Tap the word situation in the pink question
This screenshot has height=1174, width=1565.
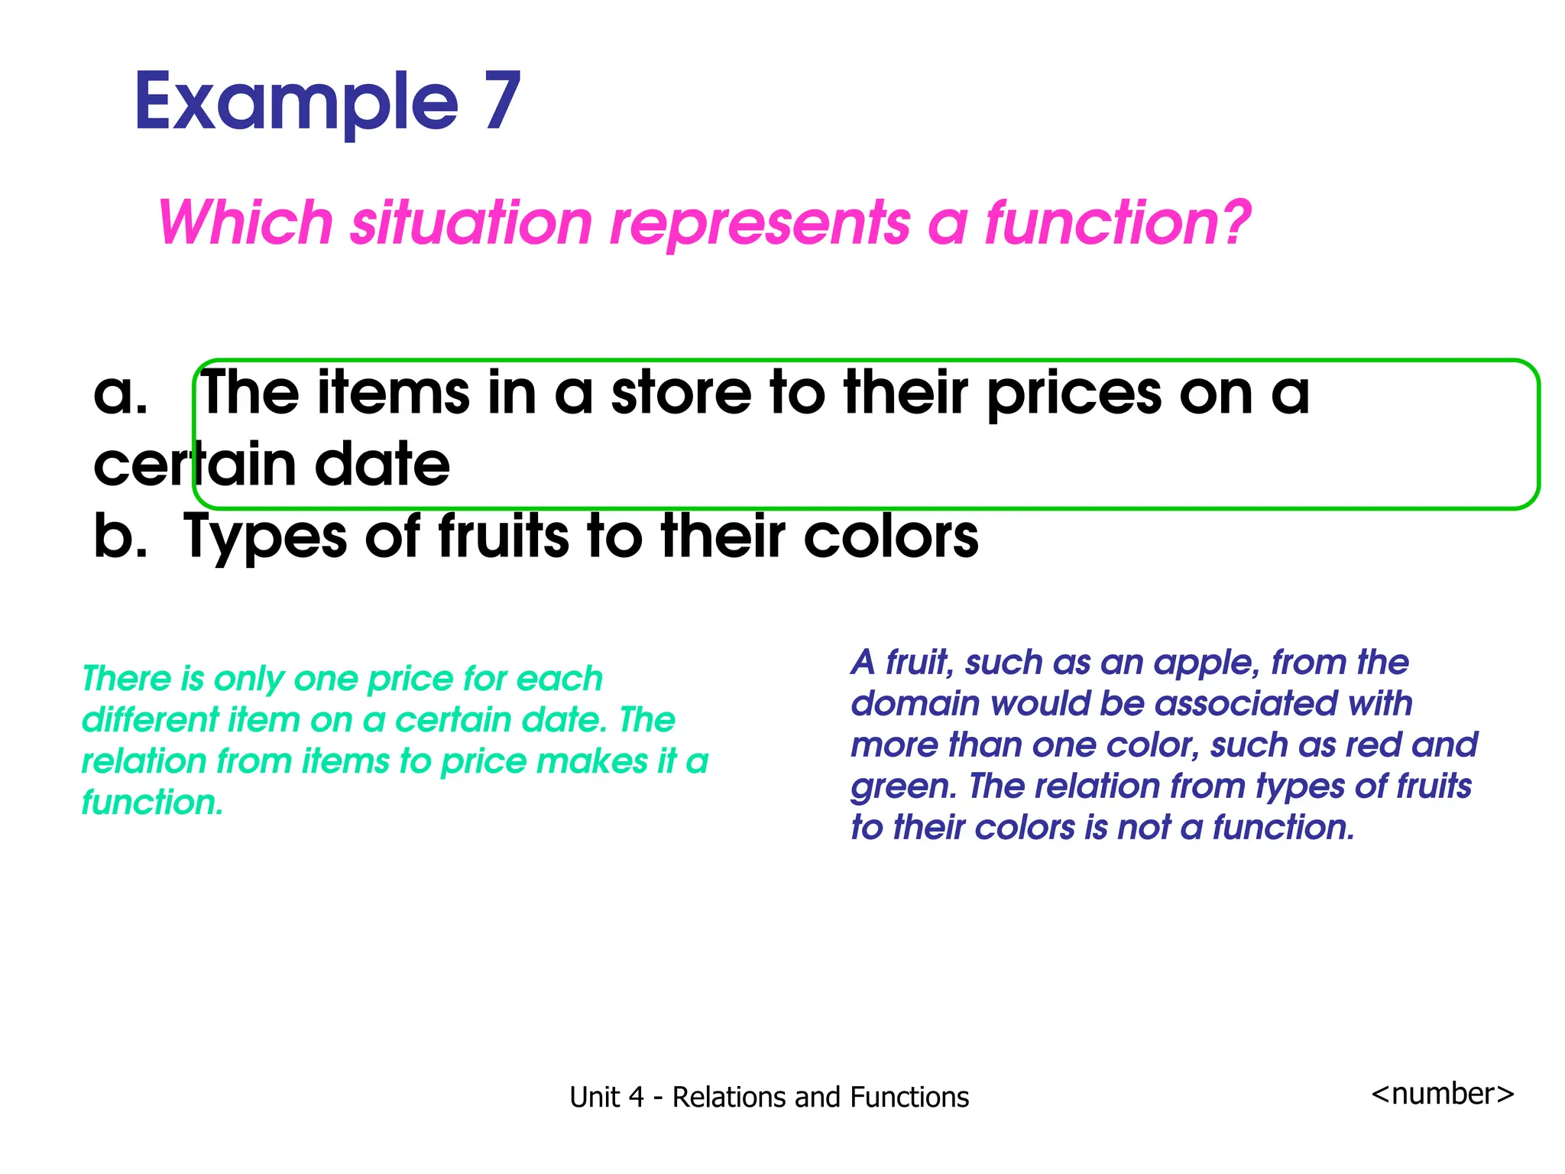point(471,222)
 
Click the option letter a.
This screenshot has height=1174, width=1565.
point(119,394)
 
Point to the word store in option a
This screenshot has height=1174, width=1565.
point(682,392)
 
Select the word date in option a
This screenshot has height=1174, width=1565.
point(382,464)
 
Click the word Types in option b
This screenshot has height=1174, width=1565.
point(265,537)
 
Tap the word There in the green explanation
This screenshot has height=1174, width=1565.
point(126,679)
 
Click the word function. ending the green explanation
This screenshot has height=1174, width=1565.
point(152,803)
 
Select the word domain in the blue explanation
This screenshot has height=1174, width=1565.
point(915,704)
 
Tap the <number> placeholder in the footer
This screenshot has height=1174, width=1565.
point(1442,1094)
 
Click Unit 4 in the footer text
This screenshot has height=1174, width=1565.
point(607,1098)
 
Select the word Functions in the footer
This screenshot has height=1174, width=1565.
point(909,1098)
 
